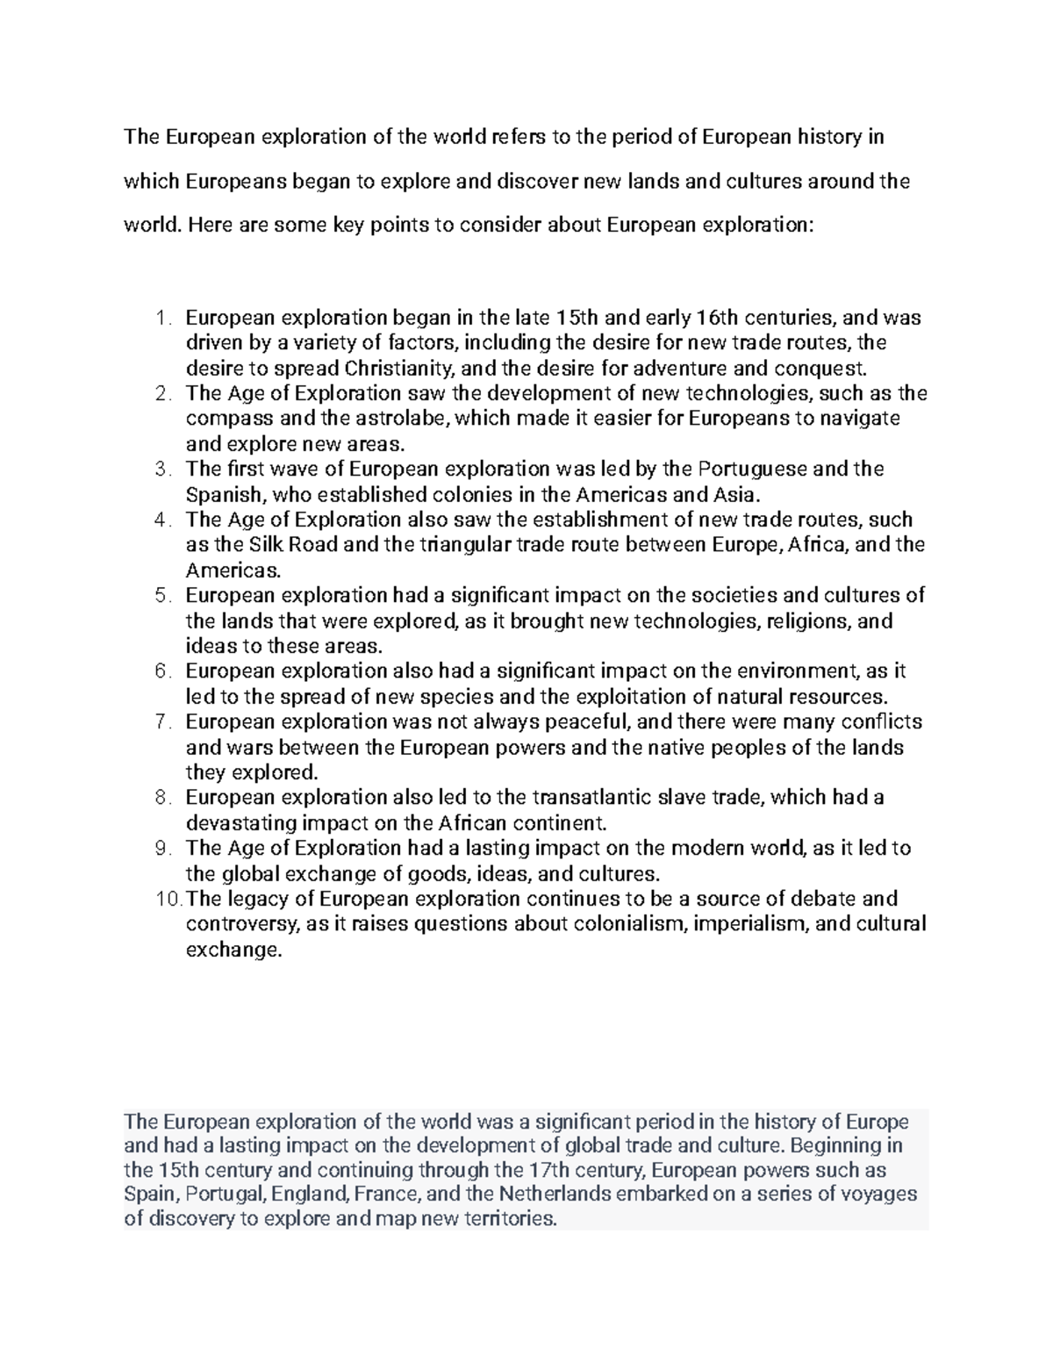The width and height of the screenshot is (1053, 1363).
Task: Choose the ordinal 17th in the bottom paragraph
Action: click(x=550, y=1170)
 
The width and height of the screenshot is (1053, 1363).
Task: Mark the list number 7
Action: click(x=161, y=722)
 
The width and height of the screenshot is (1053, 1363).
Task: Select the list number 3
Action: click(x=161, y=470)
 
